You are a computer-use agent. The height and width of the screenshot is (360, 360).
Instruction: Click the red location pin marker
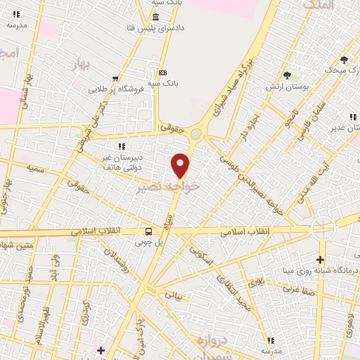point(181,165)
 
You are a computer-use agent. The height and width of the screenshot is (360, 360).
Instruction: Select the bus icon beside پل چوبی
point(148,231)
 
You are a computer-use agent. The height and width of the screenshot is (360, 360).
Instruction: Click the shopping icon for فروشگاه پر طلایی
point(114,79)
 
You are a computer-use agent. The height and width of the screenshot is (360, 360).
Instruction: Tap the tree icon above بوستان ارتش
point(287,75)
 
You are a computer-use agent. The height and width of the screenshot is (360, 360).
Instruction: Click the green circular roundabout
point(195,134)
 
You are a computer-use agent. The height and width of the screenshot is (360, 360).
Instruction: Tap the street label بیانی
point(173,295)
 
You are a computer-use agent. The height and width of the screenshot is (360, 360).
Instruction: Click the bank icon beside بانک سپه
point(163,72)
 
